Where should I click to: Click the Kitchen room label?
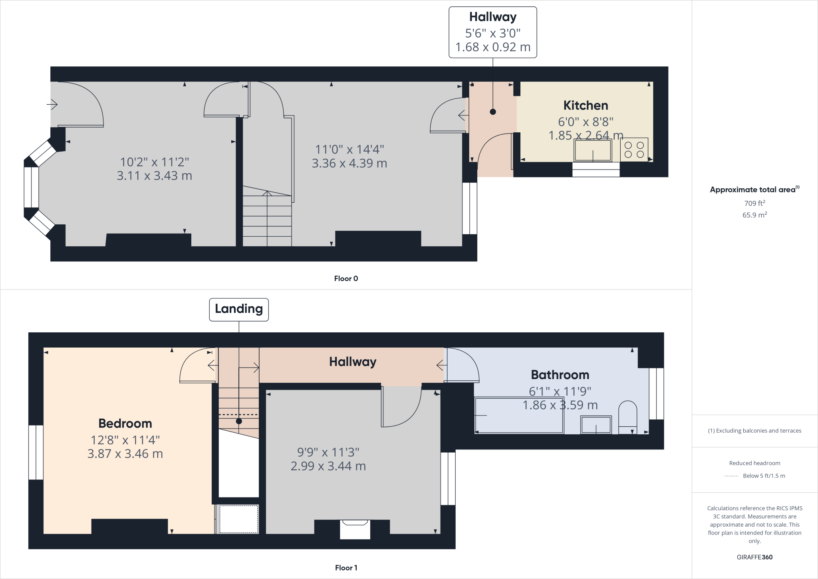tap(586, 106)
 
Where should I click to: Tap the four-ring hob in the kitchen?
tap(634, 150)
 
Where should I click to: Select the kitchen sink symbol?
tap(593, 150)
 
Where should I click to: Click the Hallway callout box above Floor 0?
tap(492, 32)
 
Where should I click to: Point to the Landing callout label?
tap(239, 309)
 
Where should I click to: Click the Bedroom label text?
tap(125, 423)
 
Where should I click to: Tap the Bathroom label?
tap(560, 375)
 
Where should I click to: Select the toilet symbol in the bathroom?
tap(627, 417)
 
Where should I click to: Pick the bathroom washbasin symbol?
tap(596, 425)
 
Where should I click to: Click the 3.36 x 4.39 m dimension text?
tap(349, 164)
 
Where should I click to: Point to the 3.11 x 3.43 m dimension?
tap(154, 176)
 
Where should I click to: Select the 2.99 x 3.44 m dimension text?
tap(328, 466)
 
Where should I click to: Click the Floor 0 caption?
tap(346, 279)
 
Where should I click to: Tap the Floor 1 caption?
tap(346, 568)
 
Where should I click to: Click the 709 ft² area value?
tap(754, 203)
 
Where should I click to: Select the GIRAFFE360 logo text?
tap(754, 557)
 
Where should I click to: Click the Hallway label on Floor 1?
tap(352, 362)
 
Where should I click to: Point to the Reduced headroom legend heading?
tap(754, 463)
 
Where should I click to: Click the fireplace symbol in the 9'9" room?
tap(355, 529)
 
